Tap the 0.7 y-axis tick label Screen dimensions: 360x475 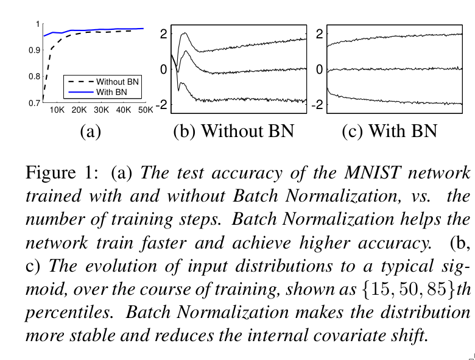[33, 104]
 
